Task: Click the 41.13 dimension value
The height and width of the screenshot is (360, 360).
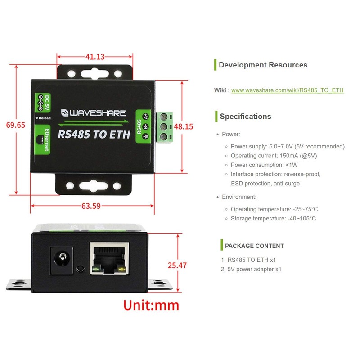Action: (95, 57)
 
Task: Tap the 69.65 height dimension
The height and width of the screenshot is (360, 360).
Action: (16, 125)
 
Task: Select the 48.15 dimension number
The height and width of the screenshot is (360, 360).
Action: (184, 126)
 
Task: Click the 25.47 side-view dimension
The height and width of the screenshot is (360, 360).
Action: (177, 265)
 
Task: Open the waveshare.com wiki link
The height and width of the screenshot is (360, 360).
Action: (287, 90)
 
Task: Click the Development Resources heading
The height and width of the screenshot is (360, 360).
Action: (263, 65)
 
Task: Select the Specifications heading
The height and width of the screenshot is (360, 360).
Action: (245, 117)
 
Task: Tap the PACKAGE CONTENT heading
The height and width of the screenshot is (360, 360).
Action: (254, 246)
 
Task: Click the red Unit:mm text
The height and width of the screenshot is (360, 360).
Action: (151, 305)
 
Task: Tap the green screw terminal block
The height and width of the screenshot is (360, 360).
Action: (165, 127)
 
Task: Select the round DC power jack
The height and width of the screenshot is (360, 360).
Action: (61, 259)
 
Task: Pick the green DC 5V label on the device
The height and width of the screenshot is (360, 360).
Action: (42, 103)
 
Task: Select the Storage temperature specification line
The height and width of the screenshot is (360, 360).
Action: (273, 219)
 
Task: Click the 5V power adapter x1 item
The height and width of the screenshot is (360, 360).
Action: (254, 270)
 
